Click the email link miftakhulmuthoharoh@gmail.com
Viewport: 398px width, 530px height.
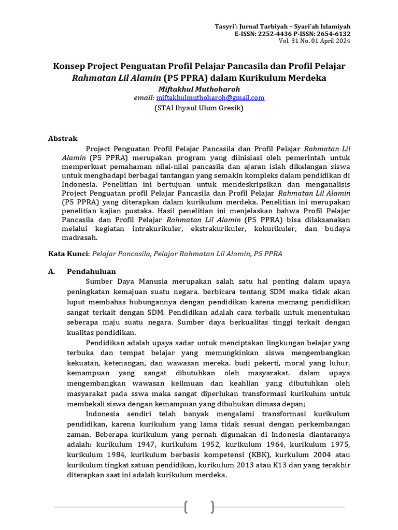tap(210, 98)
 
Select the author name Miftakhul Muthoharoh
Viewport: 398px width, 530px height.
tap(198, 89)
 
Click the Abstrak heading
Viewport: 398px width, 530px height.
tap(63, 139)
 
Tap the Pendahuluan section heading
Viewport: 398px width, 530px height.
tap(91, 272)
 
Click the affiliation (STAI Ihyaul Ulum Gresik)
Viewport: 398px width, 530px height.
tap(199, 108)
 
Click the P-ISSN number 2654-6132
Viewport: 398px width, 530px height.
tap(333, 34)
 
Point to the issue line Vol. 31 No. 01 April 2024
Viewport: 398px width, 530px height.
tap(315, 41)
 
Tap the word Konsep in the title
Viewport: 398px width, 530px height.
tap(70, 67)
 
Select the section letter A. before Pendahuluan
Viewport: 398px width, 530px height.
tap(51, 272)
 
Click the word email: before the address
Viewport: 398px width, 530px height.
tap(144, 98)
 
